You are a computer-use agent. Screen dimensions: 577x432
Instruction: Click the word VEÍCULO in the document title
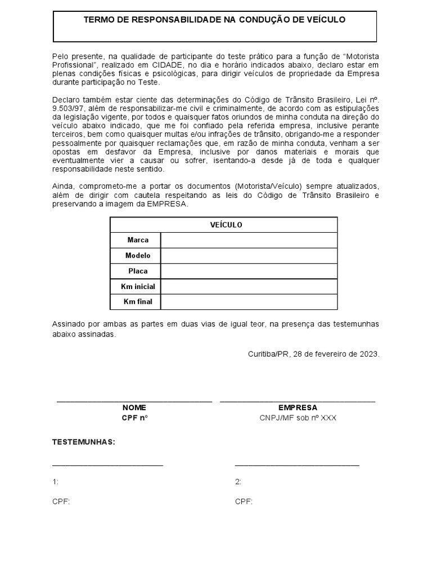coord(325,20)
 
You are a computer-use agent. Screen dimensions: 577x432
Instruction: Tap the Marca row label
coord(138,240)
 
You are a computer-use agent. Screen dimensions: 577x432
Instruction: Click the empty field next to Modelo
coord(249,256)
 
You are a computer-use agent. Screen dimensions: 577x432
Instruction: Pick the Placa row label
coord(138,271)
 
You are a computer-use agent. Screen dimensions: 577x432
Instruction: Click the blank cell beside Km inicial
coord(249,287)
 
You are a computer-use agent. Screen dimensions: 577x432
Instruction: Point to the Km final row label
coord(138,302)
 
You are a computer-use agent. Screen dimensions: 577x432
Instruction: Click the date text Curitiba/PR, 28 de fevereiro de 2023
coord(313,354)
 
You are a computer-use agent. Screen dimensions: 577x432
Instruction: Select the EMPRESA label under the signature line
coord(298,407)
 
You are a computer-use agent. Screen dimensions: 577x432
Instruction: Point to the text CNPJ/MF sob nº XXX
coord(298,418)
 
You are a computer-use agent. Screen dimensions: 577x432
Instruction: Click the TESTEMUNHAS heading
coord(83,442)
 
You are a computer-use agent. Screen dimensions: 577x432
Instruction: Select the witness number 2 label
coord(238,482)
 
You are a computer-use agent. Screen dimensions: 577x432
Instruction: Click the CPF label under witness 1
coord(61,501)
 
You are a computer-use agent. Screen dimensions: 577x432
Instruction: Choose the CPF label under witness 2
coord(244,501)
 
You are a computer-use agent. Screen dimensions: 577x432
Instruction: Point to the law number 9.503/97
coord(67,108)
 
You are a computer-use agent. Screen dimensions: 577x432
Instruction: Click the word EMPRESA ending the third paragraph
coord(168,204)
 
